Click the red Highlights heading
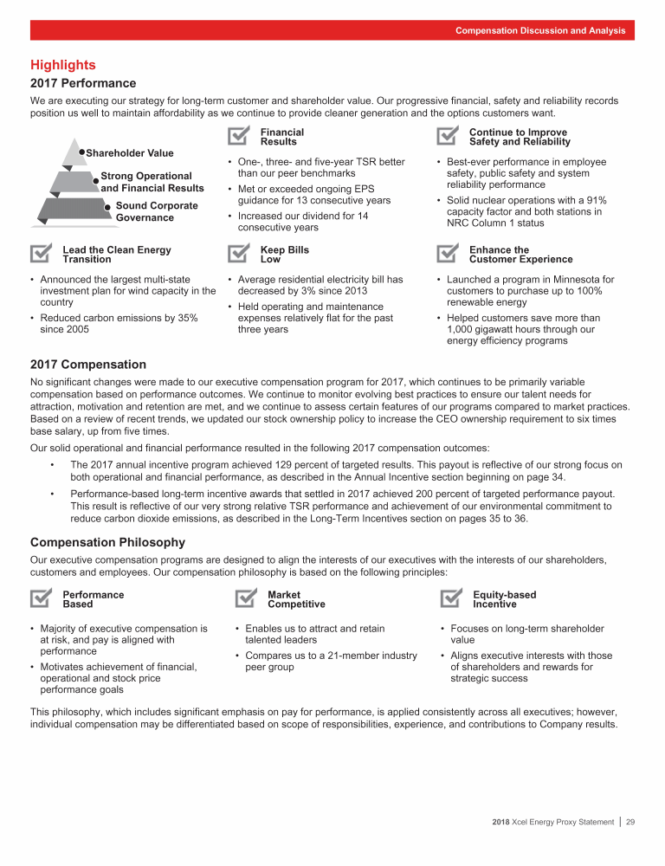(x=62, y=65)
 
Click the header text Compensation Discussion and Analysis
(x=540, y=30)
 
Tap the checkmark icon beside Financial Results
(x=240, y=136)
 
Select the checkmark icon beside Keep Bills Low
(x=240, y=254)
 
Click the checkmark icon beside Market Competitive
(x=247, y=598)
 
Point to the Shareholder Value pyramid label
(x=130, y=153)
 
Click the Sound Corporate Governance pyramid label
(x=156, y=211)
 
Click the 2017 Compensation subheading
(x=88, y=365)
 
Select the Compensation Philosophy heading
(x=107, y=542)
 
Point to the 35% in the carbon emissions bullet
(x=187, y=318)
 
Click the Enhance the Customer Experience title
(x=520, y=255)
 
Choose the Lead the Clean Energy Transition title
(x=117, y=255)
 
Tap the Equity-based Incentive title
(x=504, y=599)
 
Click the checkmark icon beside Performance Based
(x=42, y=598)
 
